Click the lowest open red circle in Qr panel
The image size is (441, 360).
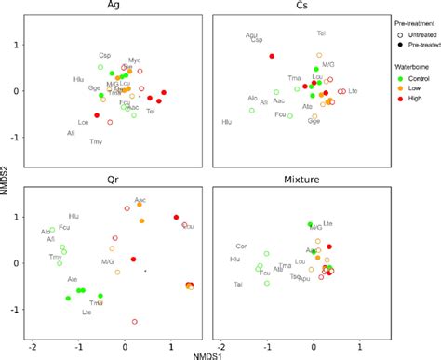135,321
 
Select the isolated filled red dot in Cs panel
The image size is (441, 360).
272,56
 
